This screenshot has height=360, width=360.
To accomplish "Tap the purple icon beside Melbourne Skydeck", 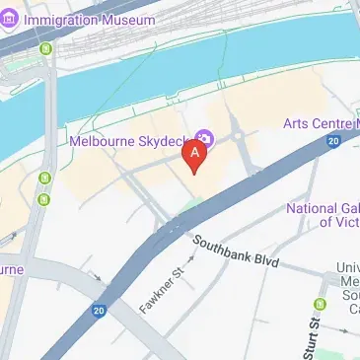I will pos(205,137).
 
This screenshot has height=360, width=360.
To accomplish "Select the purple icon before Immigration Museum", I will pos(11,20).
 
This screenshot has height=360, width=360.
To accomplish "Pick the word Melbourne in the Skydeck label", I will pos(105,140).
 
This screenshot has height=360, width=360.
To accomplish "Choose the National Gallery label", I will pos(323,215).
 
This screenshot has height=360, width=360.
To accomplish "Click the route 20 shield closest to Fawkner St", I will pos(99,311).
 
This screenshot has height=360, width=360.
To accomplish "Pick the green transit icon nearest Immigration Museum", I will pos(44,48).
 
